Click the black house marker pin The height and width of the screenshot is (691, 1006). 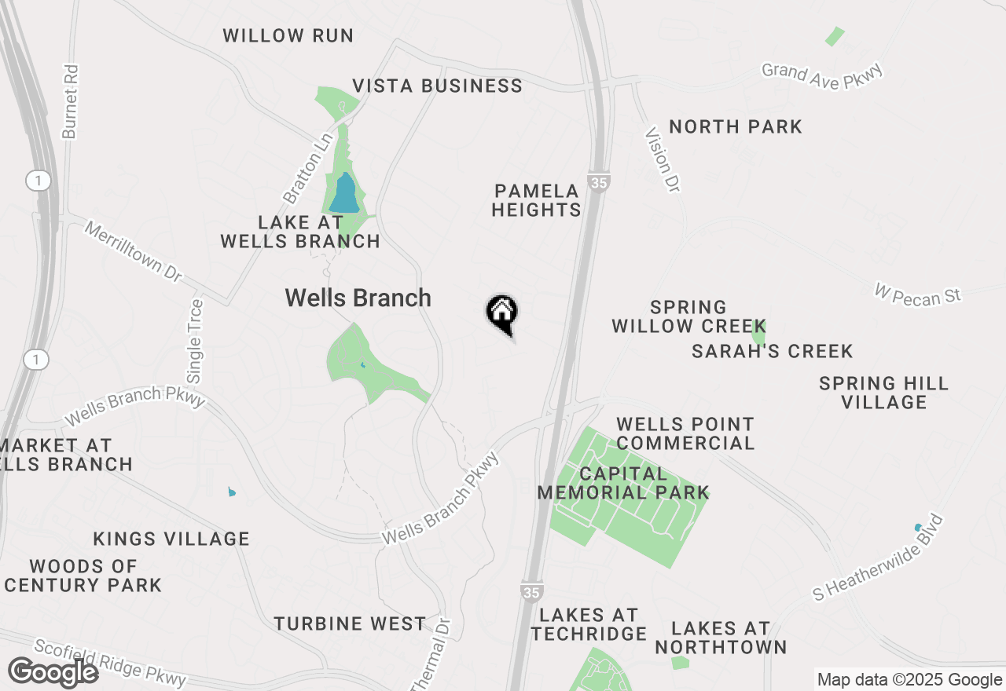coord(501,313)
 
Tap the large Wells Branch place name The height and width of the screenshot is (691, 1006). coord(358,298)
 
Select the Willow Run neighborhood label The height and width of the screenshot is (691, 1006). coord(288,36)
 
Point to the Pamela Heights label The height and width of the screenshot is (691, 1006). coord(537,200)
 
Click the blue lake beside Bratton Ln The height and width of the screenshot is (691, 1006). coord(344,193)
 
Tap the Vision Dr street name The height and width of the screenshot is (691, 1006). coord(661,159)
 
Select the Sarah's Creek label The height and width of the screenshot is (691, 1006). coord(772,351)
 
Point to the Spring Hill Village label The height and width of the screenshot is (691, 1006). coord(883,393)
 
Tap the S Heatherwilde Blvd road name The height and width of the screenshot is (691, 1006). coord(877,557)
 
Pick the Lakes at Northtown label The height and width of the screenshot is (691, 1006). coord(721,638)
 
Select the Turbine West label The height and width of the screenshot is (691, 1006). coord(350,624)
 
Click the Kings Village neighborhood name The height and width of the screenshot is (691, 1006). coord(171,539)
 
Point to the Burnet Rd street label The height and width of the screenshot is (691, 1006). coord(71,101)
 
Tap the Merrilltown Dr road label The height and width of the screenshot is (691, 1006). coord(132,252)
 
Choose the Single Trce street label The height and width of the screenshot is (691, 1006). coord(195,342)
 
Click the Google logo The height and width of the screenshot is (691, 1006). coord(53,673)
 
